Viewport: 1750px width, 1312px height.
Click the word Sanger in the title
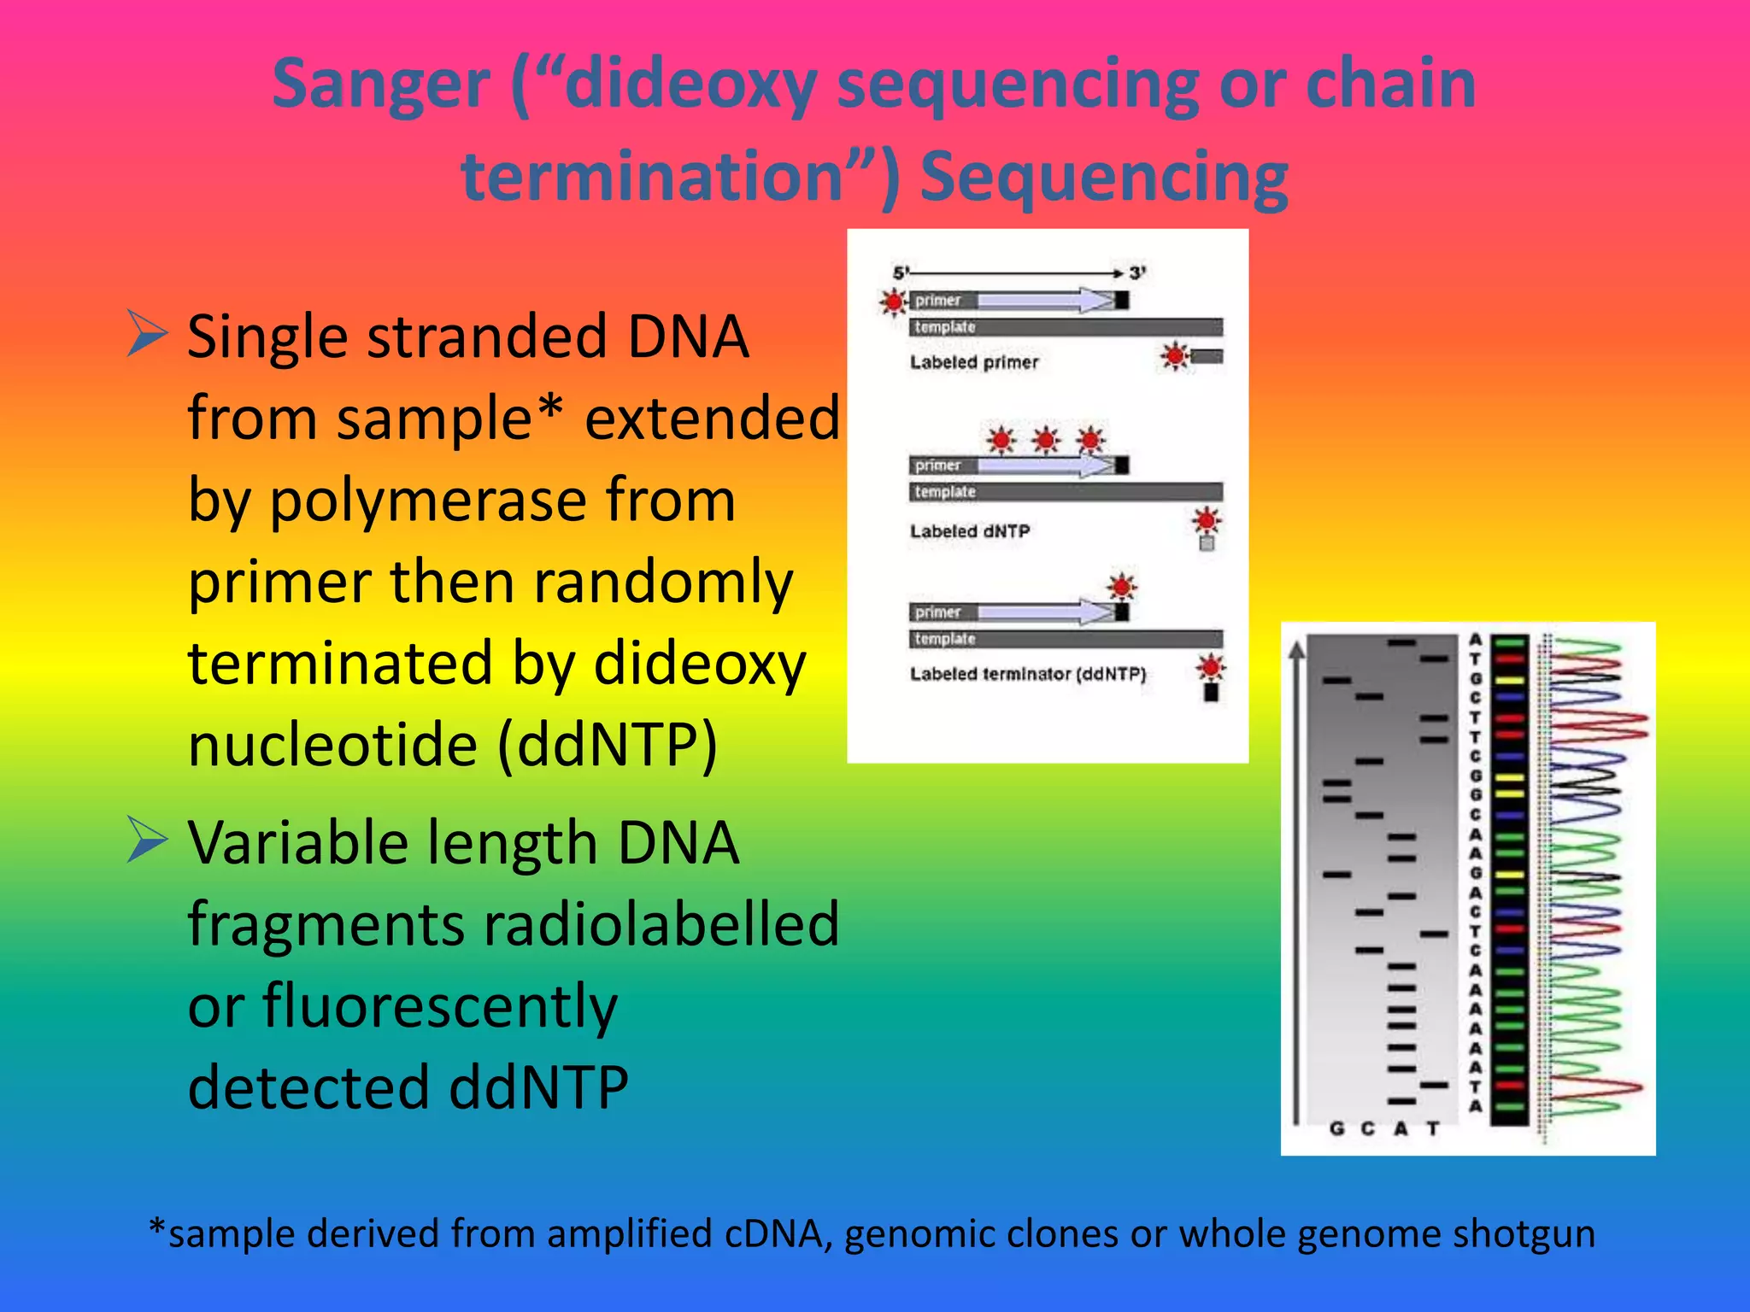pyautogui.click(x=381, y=84)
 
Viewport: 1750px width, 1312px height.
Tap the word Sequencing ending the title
pyautogui.click(x=1104, y=176)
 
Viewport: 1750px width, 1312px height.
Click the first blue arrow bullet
pyautogui.click(x=147, y=334)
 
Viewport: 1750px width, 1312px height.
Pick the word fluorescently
pyautogui.click(x=439, y=1006)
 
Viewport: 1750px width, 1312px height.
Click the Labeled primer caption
pyautogui.click(x=974, y=362)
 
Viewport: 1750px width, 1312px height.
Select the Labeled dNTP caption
pyautogui.click(x=970, y=531)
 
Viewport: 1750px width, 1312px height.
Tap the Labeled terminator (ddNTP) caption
pyautogui.click(x=1027, y=674)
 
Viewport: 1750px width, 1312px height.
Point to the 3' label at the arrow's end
pyautogui.click(x=1137, y=273)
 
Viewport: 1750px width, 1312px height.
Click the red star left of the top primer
pyautogui.click(x=894, y=302)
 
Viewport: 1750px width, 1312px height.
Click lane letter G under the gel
pyautogui.click(x=1337, y=1129)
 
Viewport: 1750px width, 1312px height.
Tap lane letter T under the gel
pyautogui.click(x=1433, y=1129)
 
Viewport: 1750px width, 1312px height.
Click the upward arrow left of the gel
pyautogui.click(x=1297, y=880)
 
